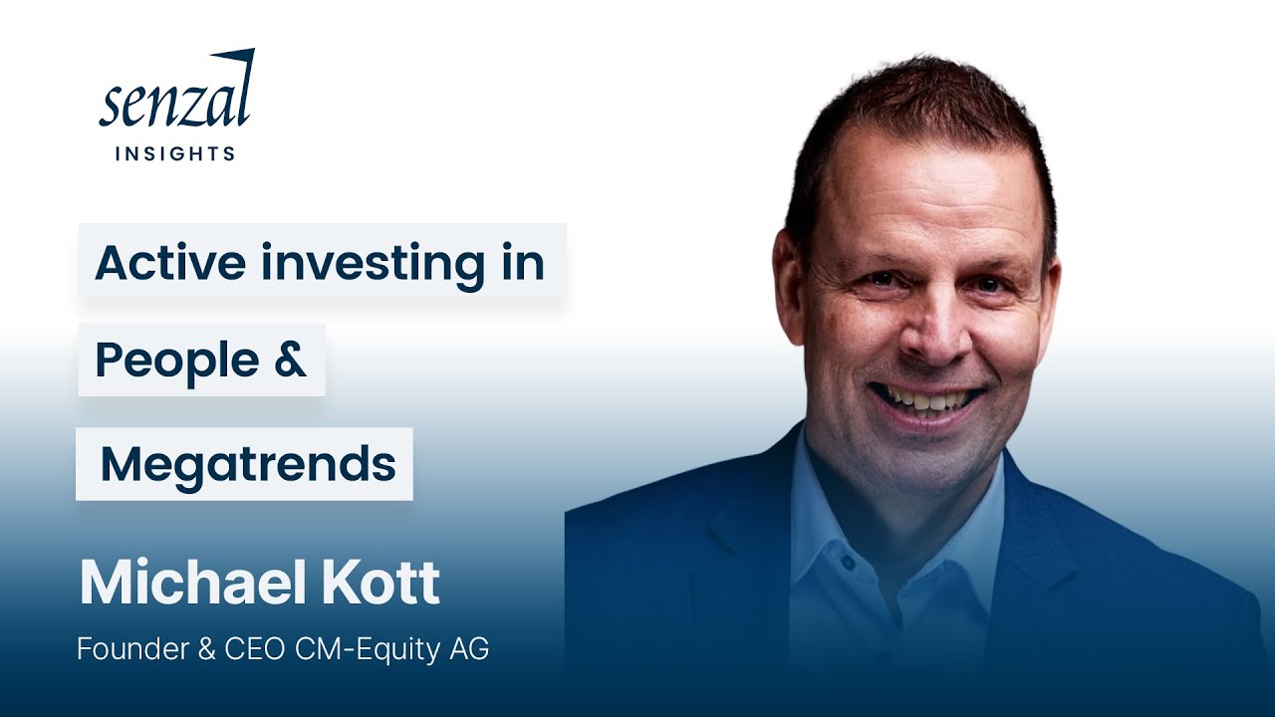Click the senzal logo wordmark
point(176,100)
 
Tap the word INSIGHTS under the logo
point(175,153)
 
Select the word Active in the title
point(169,263)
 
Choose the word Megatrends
point(248,464)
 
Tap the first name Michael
point(179,584)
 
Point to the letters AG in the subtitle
point(469,650)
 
